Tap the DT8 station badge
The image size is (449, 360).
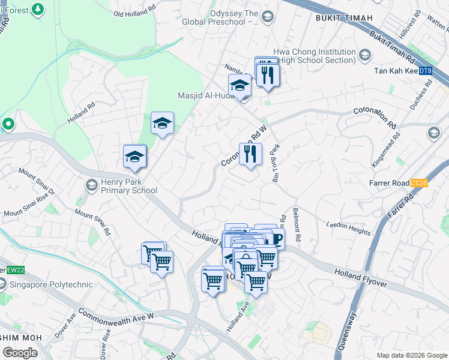425,71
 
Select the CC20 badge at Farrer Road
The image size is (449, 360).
419,183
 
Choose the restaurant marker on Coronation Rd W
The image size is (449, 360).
250,154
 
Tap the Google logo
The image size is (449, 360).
20,353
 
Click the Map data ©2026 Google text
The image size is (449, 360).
411,355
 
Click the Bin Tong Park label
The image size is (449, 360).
277,163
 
